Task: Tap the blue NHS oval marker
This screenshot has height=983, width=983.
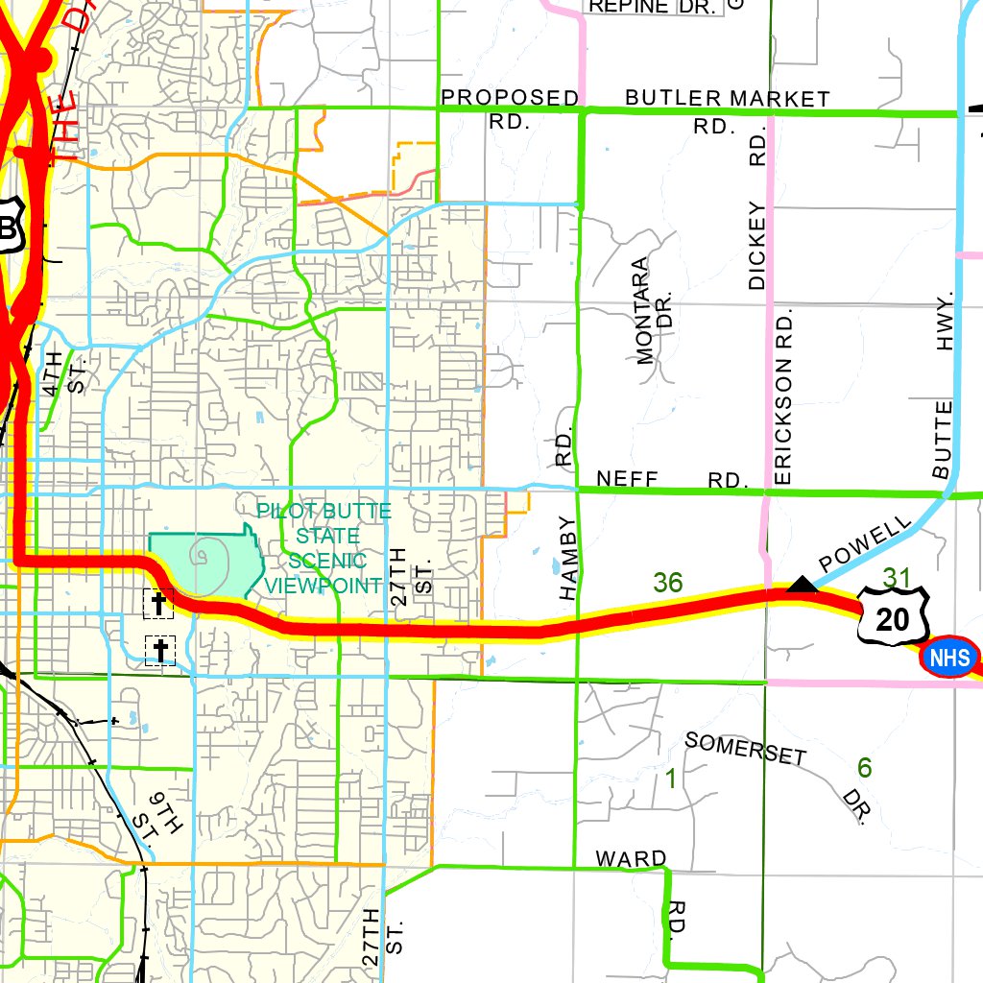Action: point(950,658)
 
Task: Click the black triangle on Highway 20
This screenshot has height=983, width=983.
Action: point(802,584)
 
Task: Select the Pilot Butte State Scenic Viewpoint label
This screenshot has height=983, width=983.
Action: point(323,547)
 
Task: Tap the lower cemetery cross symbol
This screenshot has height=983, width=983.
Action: point(160,650)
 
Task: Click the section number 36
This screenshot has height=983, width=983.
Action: point(667,582)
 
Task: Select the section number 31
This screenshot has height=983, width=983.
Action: point(896,578)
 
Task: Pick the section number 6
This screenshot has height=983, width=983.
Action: point(864,768)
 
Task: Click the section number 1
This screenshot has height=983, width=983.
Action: point(671,779)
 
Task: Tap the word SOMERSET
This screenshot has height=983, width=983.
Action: point(745,748)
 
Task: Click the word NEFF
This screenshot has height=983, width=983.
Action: point(631,477)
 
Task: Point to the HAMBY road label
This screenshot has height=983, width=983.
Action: point(569,559)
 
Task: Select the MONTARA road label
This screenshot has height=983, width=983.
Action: point(643,311)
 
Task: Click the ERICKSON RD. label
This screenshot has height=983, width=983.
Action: point(782,396)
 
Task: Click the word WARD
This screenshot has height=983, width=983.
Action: point(631,857)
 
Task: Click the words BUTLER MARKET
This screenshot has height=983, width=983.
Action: point(727,99)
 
